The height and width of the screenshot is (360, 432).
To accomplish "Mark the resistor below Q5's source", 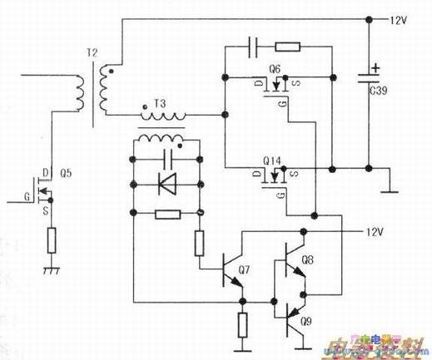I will click(52, 240).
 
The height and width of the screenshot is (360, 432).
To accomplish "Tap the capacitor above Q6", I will click(256, 47).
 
